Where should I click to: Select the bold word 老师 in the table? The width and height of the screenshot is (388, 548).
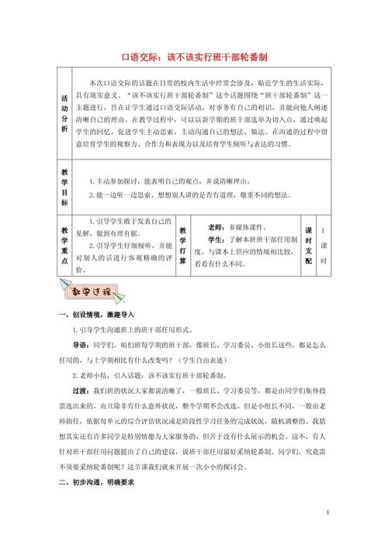[x=217, y=229]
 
